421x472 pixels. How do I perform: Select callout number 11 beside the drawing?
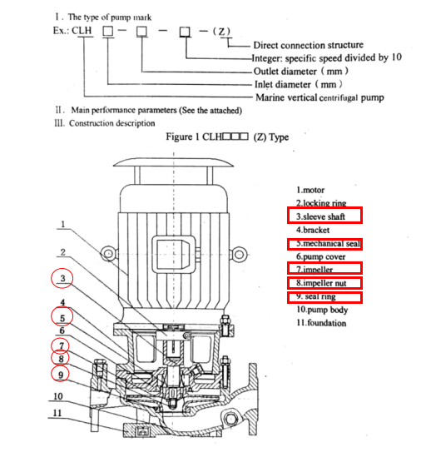(x=57, y=413)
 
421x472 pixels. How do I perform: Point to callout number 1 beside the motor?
(x=62, y=224)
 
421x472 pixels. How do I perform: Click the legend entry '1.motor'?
(x=310, y=191)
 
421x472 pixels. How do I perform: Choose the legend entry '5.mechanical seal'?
(x=329, y=243)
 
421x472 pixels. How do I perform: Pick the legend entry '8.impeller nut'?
(x=321, y=283)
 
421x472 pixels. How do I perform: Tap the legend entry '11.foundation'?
(x=321, y=323)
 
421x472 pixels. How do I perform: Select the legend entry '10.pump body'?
(x=322, y=310)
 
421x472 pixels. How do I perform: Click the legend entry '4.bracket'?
(x=313, y=230)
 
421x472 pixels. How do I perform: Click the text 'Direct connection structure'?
(x=309, y=45)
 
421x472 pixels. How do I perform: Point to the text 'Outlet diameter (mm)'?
(x=301, y=72)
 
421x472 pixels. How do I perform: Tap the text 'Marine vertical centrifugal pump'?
(x=319, y=97)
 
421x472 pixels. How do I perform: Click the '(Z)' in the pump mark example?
(x=221, y=32)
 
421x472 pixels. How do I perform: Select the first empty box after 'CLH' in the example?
(x=107, y=31)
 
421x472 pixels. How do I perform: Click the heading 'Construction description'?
(x=112, y=123)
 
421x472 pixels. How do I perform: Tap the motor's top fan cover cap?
(x=174, y=162)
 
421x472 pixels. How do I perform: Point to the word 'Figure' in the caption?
(x=179, y=137)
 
